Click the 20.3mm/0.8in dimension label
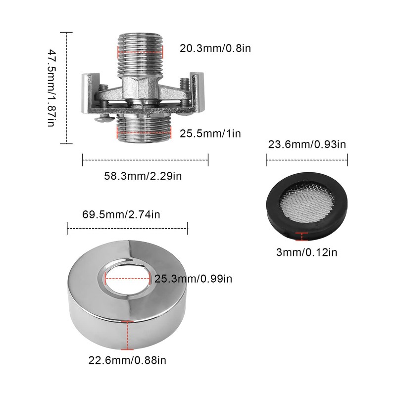click(x=215, y=48)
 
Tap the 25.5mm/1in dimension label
click(x=210, y=133)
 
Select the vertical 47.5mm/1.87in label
click(x=51, y=88)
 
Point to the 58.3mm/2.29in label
click(x=143, y=176)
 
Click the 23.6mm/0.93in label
click(x=307, y=145)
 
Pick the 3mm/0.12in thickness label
click(x=306, y=252)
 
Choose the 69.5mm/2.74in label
click(x=121, y=215)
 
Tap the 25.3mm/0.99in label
click(x=193, y=279)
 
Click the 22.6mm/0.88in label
click(x=127, y=360)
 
